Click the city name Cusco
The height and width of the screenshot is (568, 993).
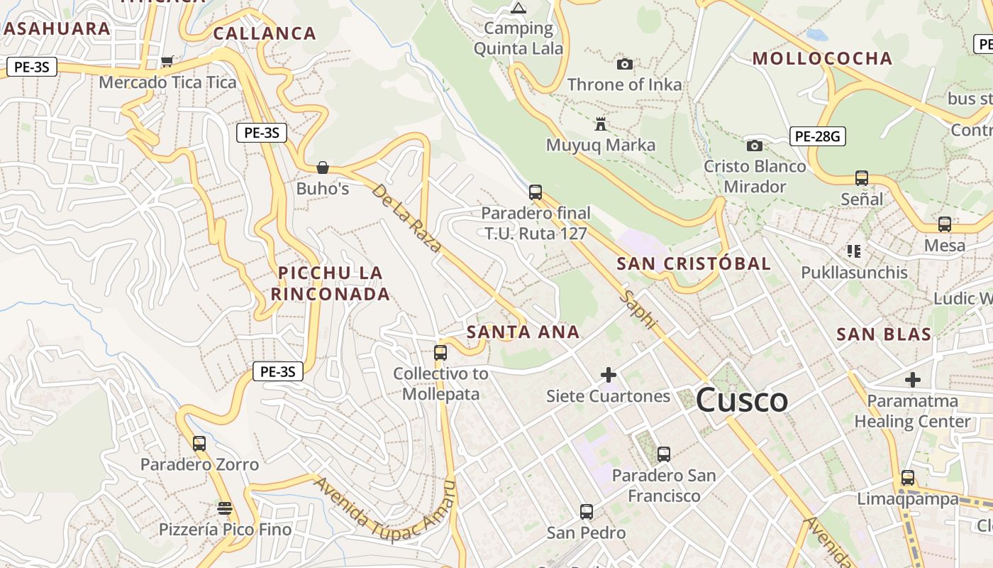tap(741, 400)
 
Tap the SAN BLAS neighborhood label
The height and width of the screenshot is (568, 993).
tap(883, 334)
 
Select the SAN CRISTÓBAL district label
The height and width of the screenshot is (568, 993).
tap(693, 263)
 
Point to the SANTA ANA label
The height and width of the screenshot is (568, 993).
tap(523, 332)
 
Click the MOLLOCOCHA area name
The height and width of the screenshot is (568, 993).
tap(822, 58)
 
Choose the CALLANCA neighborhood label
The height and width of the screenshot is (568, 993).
tap(264, 33)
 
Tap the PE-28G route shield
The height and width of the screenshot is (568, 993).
tap(817, 136)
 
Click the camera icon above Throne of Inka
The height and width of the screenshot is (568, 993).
tap(624, 65)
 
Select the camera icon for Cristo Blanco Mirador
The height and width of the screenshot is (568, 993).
tap(754, 146)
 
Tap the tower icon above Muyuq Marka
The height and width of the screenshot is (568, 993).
tap(600, 125)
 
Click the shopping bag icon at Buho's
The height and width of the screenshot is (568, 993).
tap(323, 168)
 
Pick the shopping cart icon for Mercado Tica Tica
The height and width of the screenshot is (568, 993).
tap(167, 62)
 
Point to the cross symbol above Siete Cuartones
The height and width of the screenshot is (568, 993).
tap(608, 375)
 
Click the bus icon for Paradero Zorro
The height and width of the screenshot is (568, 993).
tap(199, 444)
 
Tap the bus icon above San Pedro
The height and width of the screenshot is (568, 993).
tap(586, 512)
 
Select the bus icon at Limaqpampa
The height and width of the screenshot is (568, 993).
tap(907, 478)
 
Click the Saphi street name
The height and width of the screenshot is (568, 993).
tap(638, 309)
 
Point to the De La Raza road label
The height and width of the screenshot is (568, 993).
tap(406, 218)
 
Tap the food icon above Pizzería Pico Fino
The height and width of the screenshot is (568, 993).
tap(225, 508)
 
